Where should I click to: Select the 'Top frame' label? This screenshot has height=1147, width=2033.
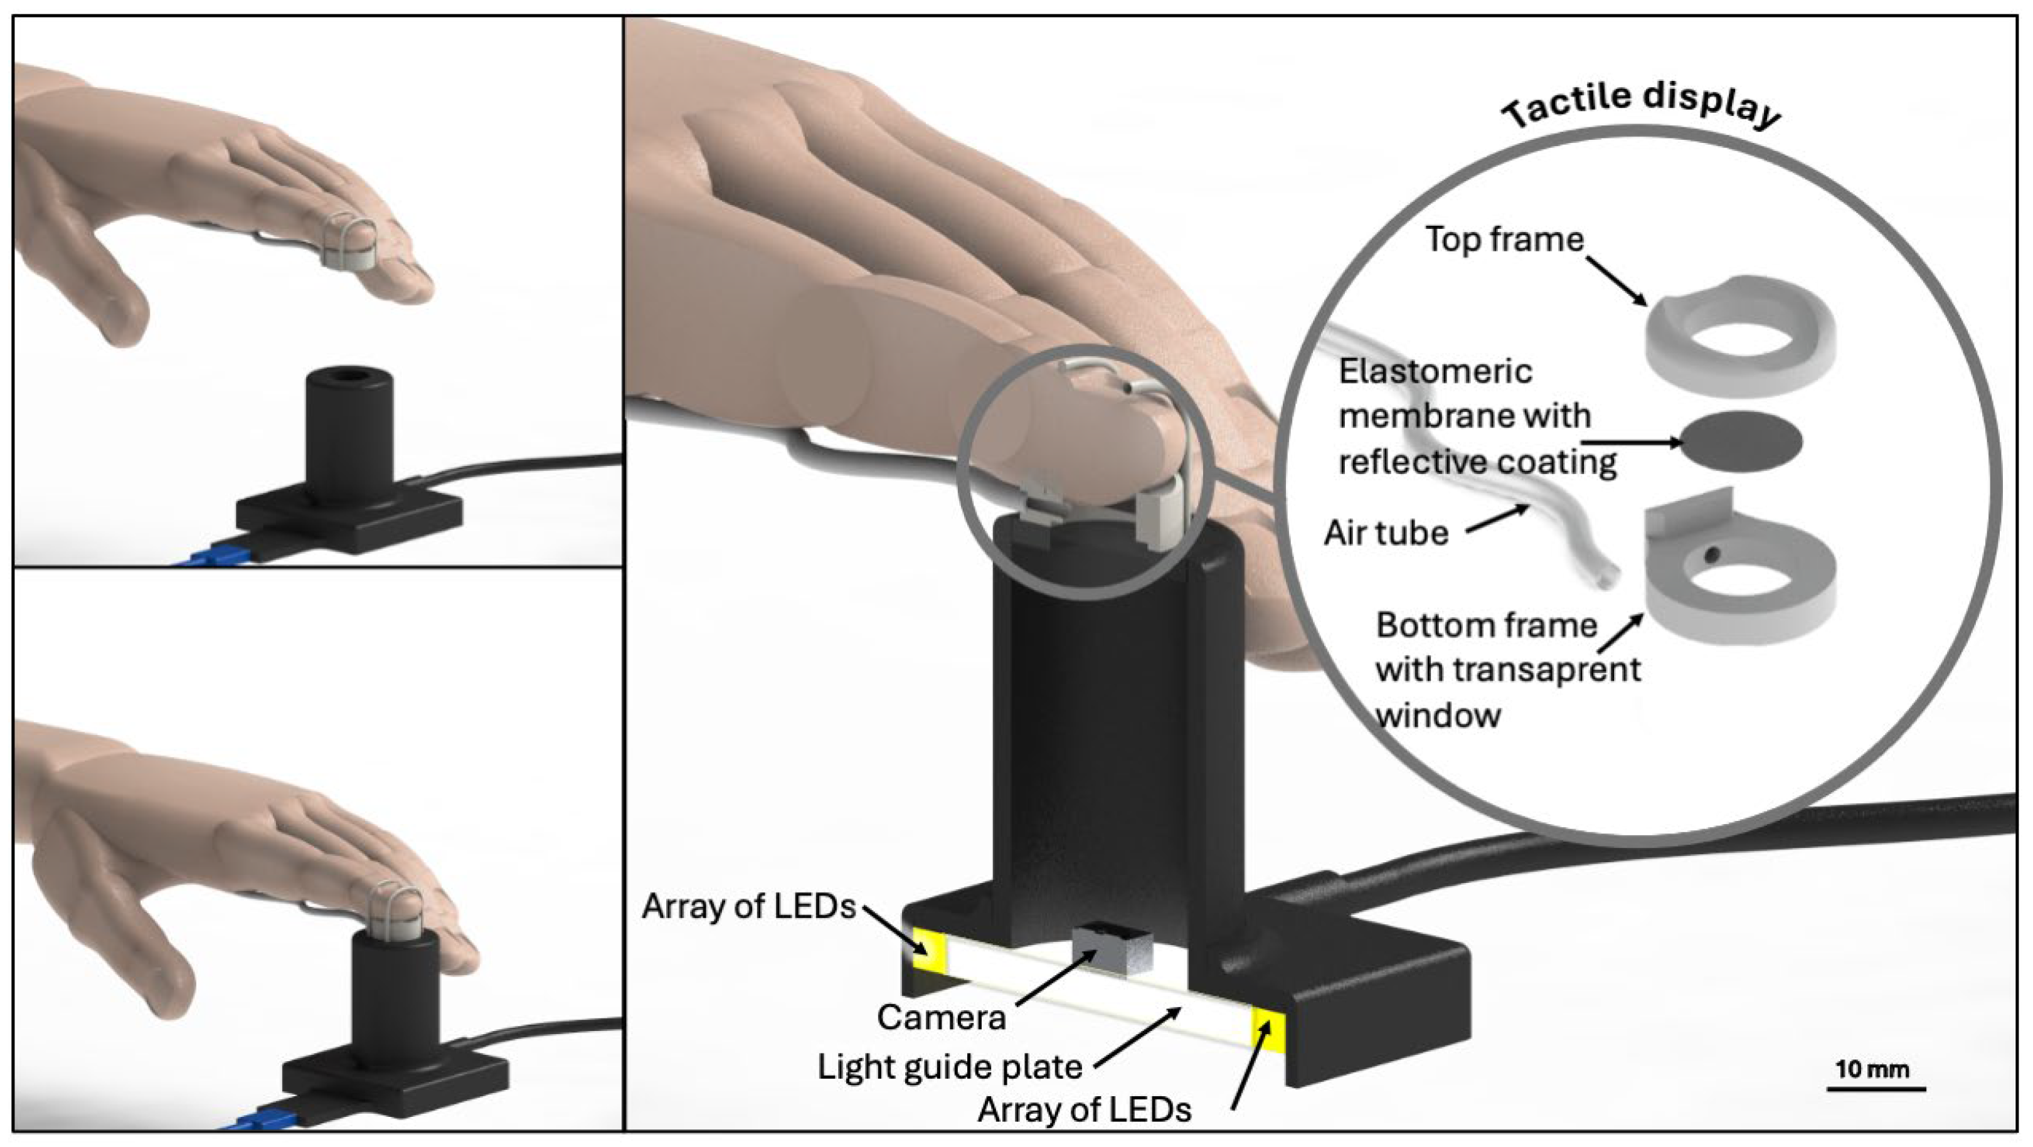pyautogui.click(x=1504, y=239)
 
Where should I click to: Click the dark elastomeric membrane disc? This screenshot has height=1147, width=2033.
pyautogui.click(x=1743, y=441)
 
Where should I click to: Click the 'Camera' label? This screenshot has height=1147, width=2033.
pyautogui.click(x=941, y=1018)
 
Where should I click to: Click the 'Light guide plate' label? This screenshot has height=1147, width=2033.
pyautogui.click(x=950, y=1067)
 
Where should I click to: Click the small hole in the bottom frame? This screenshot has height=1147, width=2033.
pyautogui.click(x=1709, y=556)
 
